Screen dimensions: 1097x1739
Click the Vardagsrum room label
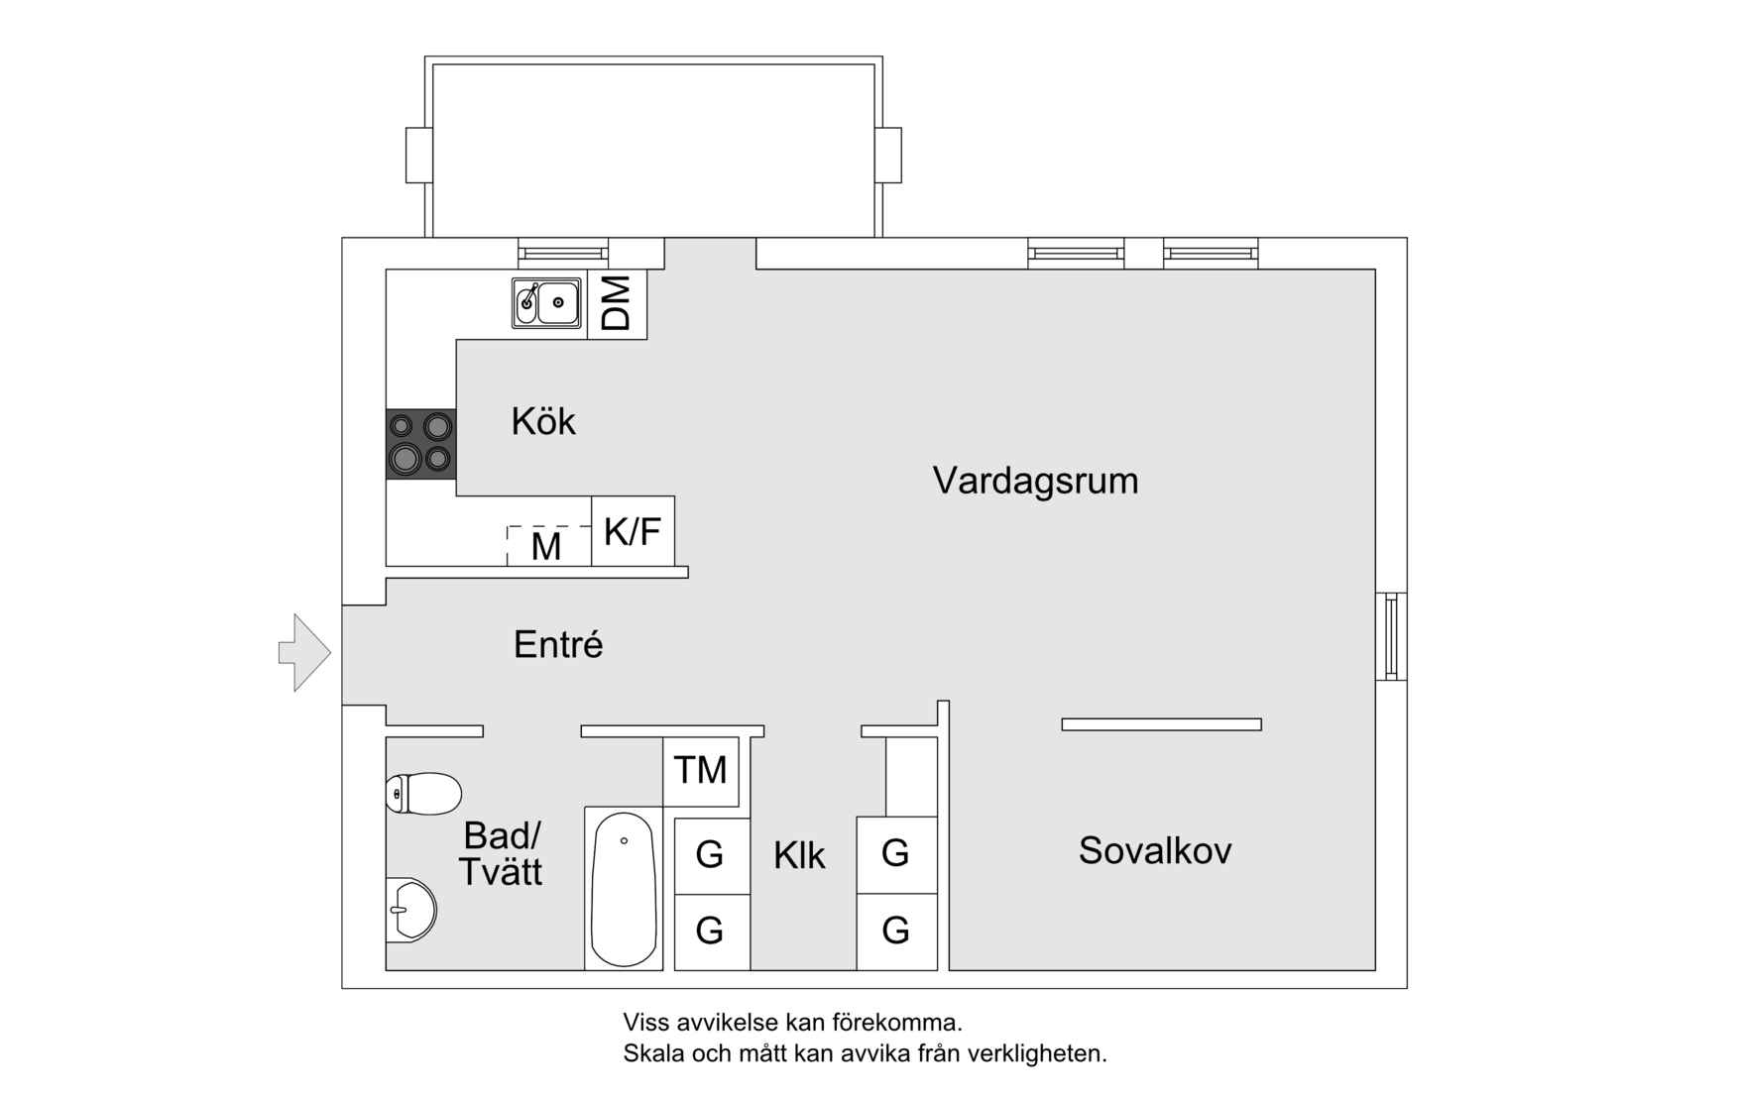point(1035,481)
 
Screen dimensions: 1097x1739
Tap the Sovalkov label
point(1154,850)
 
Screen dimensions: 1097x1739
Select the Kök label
point(542,421)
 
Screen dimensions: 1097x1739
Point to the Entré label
point(557,645)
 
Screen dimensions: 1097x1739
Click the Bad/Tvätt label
point(501,853)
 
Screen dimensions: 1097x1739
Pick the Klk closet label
point(799,855)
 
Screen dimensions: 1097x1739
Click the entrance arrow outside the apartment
point(304,652)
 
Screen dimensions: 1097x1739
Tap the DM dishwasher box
point(617,303)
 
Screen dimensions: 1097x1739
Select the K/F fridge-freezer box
point(633,531)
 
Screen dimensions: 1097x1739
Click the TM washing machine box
point(700,770)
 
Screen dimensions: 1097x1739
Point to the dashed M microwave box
point(547,545)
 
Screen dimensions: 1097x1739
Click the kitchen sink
point(546,302)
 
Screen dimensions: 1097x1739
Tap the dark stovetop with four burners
point(420,443)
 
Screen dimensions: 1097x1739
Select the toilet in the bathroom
point(423,794)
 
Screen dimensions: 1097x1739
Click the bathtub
point(623,888)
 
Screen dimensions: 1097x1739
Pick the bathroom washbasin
point(411,910)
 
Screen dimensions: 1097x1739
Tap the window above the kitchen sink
point(562,253)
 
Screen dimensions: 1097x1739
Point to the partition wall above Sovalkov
point(1161,724)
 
